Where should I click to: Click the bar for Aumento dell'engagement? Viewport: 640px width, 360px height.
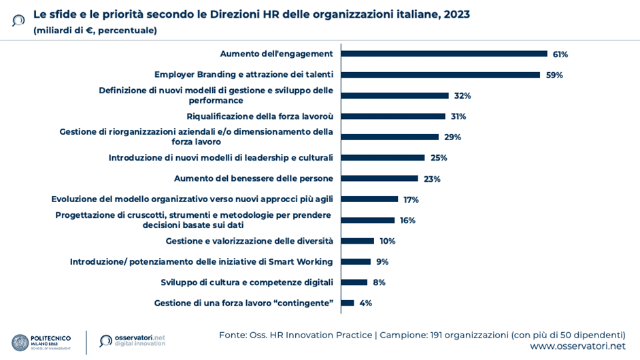tap(444, 54)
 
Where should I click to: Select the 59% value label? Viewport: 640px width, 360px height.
tap(554, 75)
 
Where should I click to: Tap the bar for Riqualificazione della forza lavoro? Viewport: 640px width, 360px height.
tap(393, 116)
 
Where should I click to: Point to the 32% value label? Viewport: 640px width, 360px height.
tap(462, 96)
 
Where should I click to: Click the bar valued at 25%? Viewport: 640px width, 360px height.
tap(383, 158)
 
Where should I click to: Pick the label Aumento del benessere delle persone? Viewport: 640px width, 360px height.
tap(254, 178)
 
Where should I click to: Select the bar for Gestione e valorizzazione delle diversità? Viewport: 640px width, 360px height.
tap(358, 241)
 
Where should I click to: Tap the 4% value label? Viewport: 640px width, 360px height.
tap(366, 303)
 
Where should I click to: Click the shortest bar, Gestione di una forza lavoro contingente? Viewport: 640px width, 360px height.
tap(348, 303)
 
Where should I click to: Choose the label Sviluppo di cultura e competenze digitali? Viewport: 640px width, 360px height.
tap(247, 282)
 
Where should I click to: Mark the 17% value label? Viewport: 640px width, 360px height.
tap(411, 199)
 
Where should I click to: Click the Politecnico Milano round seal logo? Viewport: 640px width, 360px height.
tap(20, 342)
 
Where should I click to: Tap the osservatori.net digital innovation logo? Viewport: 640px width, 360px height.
tap(132, 340)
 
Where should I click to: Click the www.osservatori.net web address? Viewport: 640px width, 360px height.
tap(577, 346)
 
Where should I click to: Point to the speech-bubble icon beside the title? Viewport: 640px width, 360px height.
tap(18, 20)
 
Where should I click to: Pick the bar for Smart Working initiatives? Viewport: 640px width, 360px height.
tap(356, 261)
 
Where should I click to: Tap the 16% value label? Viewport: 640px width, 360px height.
tap(407, 220)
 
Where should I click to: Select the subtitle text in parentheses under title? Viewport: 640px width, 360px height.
tap(95, 31)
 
